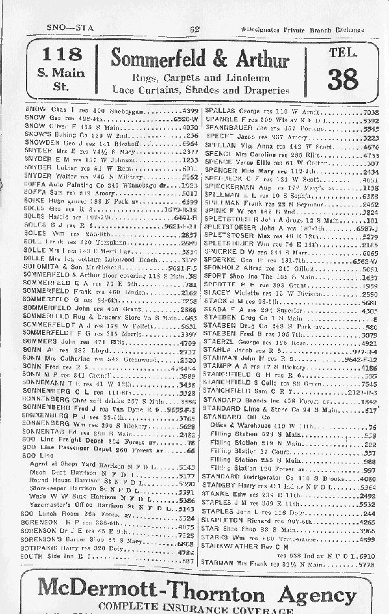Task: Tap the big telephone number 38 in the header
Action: [x=342, y=79]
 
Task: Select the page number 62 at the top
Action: [x=194, y=29]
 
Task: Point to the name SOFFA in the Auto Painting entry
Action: [x=34, y=184]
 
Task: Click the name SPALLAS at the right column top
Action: [x=219, y=112]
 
